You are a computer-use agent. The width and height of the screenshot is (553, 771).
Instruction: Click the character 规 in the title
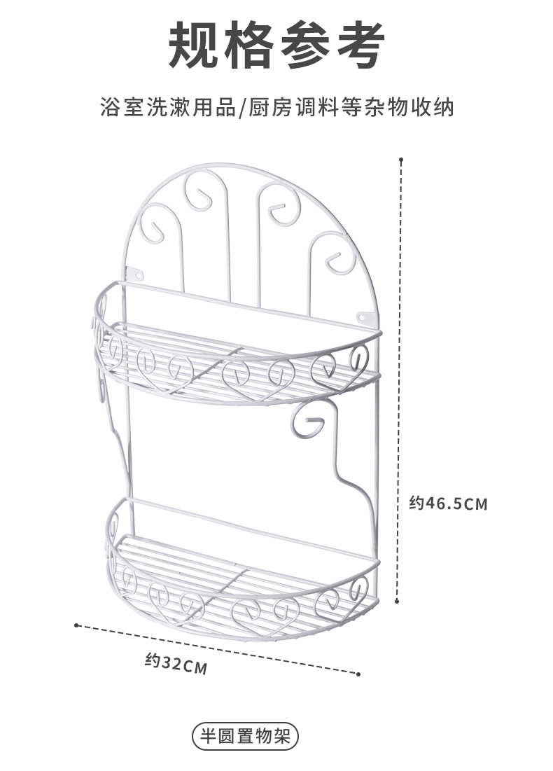tap(197, 46)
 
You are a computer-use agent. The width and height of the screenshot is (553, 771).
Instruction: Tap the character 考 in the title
tap(358, 46)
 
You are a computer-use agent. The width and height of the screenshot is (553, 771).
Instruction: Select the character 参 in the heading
tap(305, 46)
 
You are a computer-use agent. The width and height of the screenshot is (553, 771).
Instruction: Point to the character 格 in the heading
tap(251, 46)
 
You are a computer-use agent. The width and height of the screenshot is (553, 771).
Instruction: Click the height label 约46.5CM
tap(448, 503)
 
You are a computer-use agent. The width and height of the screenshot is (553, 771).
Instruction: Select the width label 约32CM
tap(176, 662)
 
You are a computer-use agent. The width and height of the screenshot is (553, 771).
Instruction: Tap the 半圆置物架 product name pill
tap(244, 737)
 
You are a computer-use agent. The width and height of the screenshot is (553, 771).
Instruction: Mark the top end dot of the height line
tap(401, 160)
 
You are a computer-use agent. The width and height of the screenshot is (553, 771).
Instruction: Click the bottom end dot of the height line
tap(397, 600)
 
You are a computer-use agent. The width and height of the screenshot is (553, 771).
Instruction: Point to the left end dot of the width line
tap(76, 625)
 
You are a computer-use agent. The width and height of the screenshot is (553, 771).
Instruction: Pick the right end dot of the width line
tap(358, 674)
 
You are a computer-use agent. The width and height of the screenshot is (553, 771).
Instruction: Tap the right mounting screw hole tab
tap(363, 317)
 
